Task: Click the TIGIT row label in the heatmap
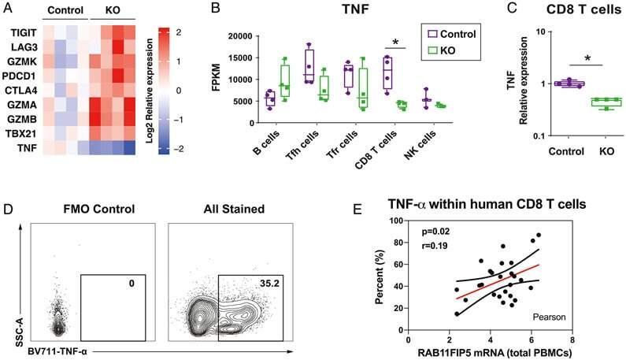(22, 35)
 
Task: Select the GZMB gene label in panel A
(22, 119)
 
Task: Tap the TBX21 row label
(22, 133)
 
